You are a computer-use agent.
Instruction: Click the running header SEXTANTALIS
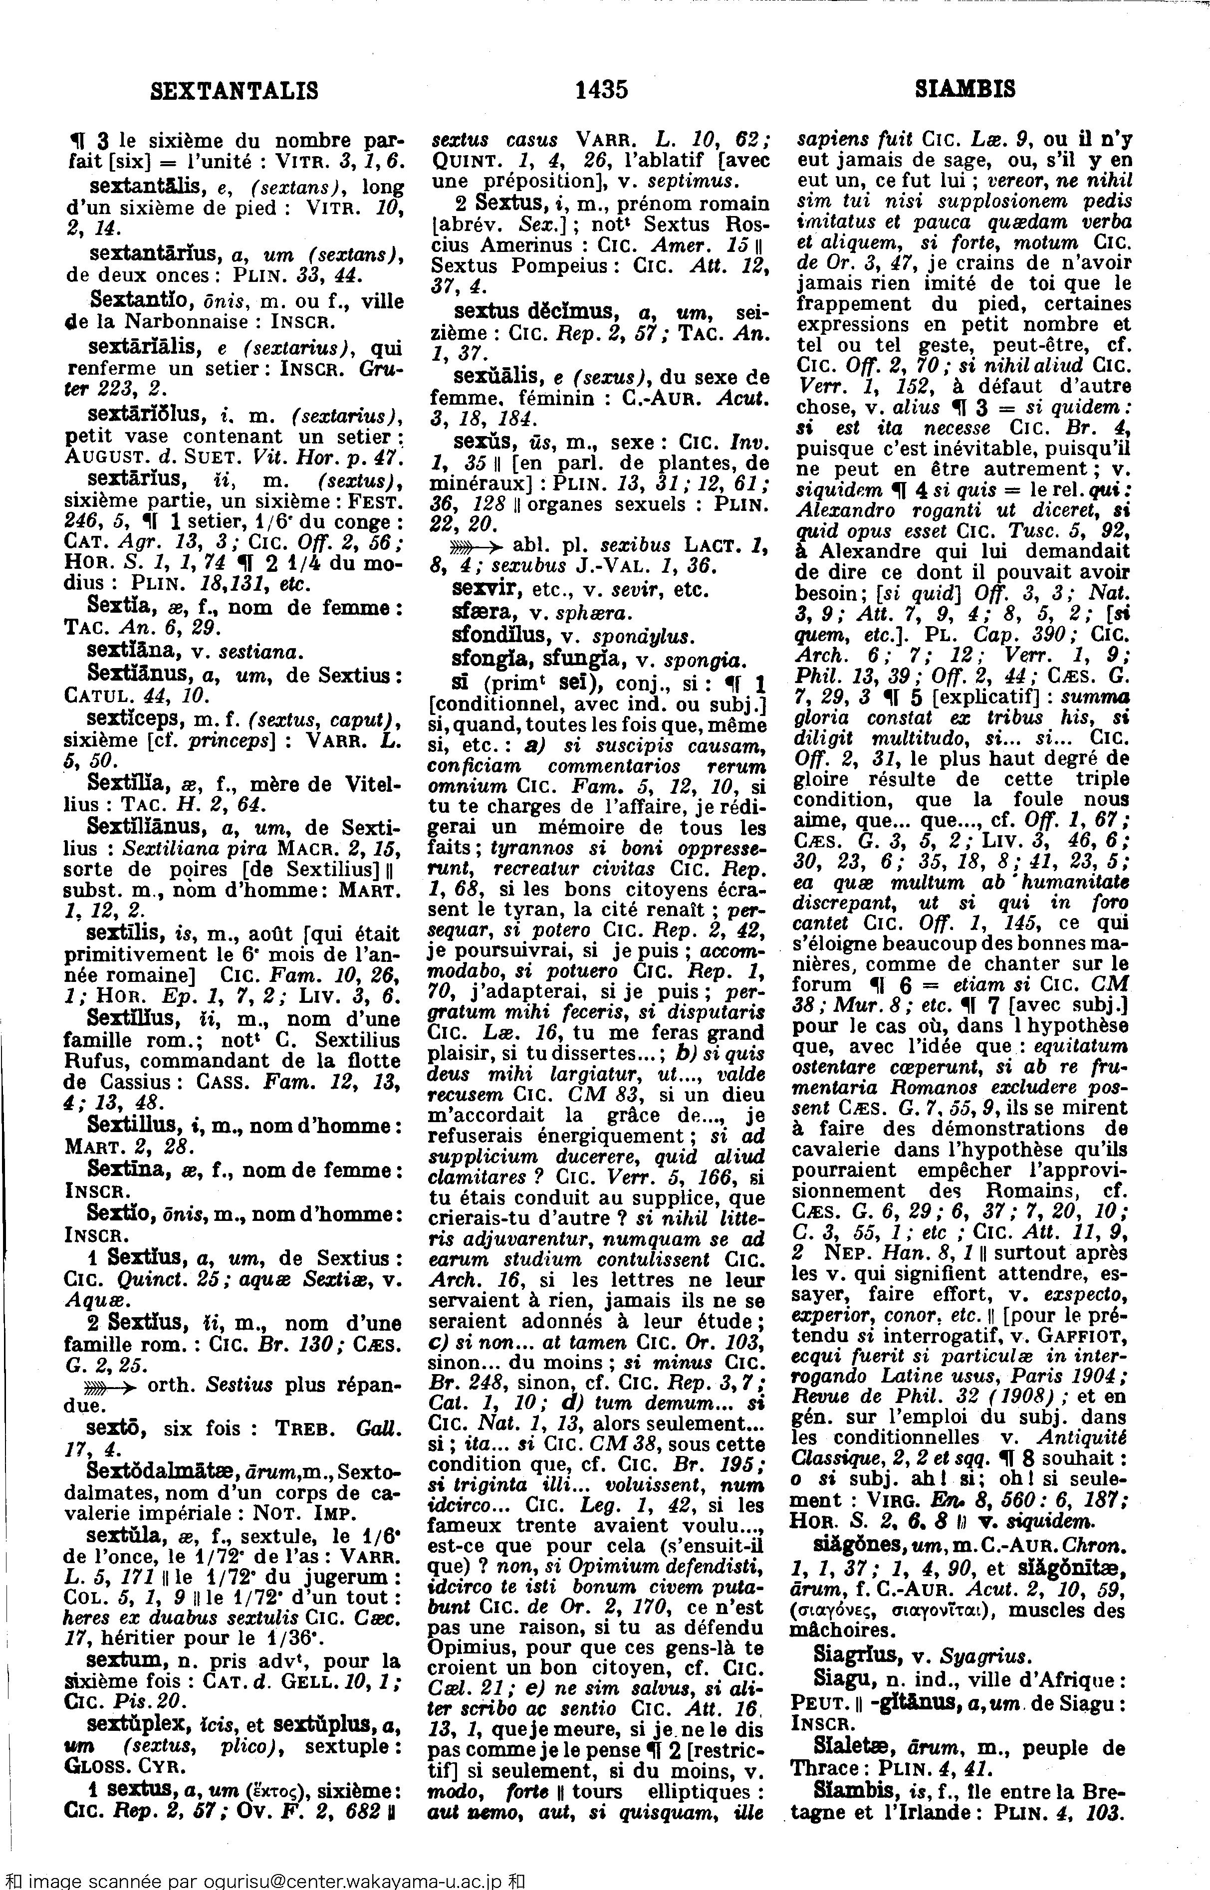234,91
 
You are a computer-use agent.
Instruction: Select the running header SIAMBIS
965,89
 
